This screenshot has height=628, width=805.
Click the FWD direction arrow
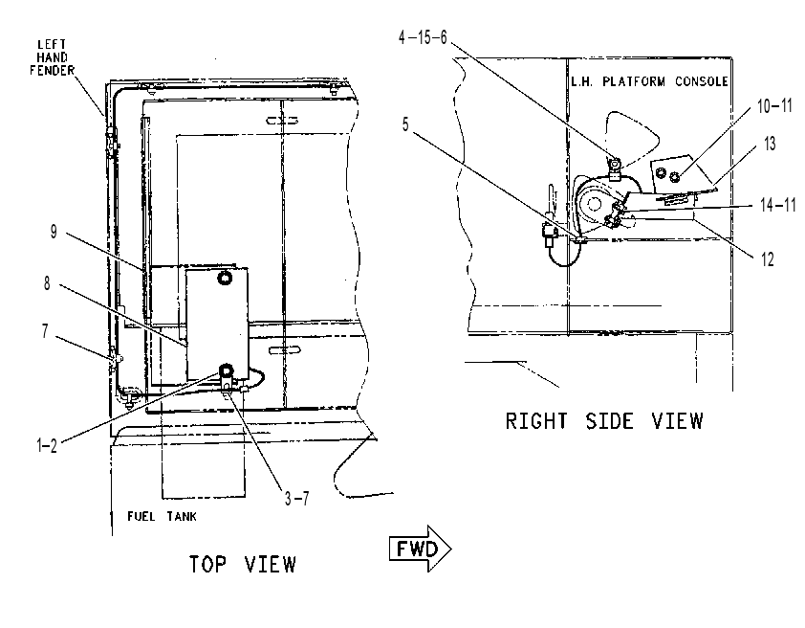pos(420,549)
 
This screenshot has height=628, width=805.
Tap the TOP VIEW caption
pos(243,564)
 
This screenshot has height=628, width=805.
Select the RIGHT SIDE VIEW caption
pos(604,421)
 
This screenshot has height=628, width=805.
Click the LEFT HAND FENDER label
pos(52,57)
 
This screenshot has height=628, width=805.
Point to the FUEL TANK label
pos(162,517)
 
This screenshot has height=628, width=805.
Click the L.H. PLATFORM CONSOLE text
pos(649,81)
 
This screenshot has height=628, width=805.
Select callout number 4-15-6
pos(423,37)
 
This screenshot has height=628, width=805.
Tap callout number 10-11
pos(774,106)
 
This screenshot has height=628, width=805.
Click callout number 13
pos(770,144)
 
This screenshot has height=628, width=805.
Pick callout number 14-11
pos(778,205)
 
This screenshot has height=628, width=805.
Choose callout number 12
pos(767,259)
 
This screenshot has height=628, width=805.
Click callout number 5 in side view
pos(405,124)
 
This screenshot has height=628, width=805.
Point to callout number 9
pos(54,232)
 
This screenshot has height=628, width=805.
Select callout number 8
pos(47,283)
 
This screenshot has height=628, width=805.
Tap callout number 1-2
pos(47,445)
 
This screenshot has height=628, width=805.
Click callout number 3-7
pos(297,498)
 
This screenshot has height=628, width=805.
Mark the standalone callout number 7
pos(45,331)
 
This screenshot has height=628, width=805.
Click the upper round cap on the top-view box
pos(225,278)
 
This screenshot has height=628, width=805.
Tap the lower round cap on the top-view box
pos(227,370)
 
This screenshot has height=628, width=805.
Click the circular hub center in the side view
pos(594,205)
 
